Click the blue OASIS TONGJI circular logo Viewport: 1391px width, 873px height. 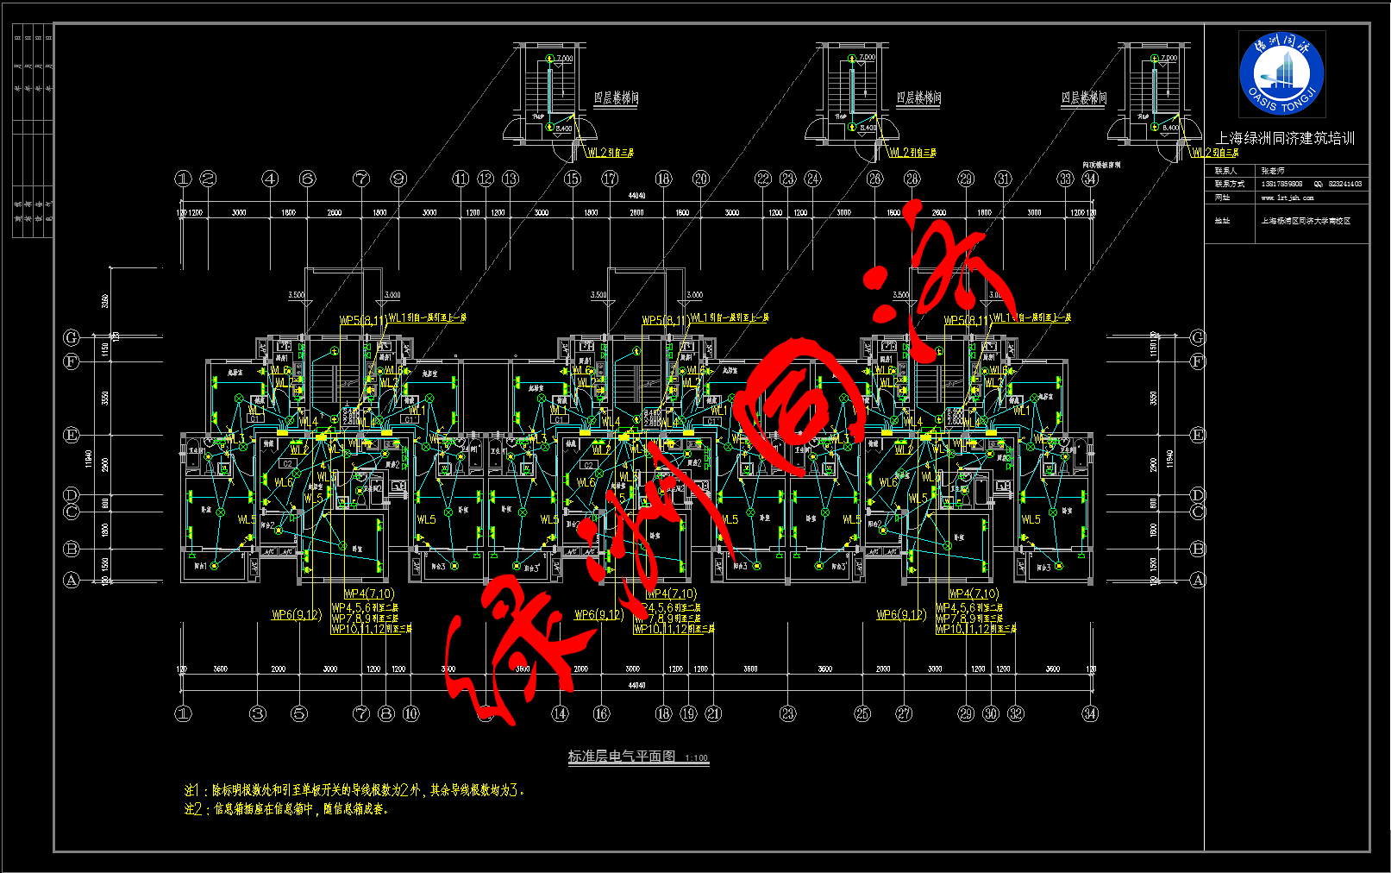click(x=1281, y=74)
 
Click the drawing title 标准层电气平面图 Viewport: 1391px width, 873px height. click(x=621, y=757)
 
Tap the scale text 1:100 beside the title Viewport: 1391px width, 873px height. click(x=696, y=758)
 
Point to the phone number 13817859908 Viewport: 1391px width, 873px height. click(x=1281, y=184)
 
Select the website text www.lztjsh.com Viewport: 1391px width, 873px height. click(x=1287, y=198)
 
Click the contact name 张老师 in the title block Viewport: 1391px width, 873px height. click(x=1272, y=171)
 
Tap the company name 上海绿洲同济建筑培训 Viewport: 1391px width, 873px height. click(x=1285, y=138)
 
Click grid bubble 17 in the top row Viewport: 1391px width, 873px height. click(x=610, y=179)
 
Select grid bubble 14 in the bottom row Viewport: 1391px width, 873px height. click(x=561, y=713)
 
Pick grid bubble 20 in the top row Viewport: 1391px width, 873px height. click(x=700, y=179)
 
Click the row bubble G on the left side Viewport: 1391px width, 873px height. click(x=72, y=337)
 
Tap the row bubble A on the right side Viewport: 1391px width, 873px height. click(x=1198, y=581)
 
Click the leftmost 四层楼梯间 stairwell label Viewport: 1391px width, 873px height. click(x=616, y=98)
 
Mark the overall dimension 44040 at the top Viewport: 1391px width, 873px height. click(x=636, y=196)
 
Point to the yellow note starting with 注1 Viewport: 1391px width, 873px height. click(x=354, y=790)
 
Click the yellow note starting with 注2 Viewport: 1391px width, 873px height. click(x=286, y=809)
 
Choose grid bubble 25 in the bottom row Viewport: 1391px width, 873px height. click(x=862, y=713)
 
